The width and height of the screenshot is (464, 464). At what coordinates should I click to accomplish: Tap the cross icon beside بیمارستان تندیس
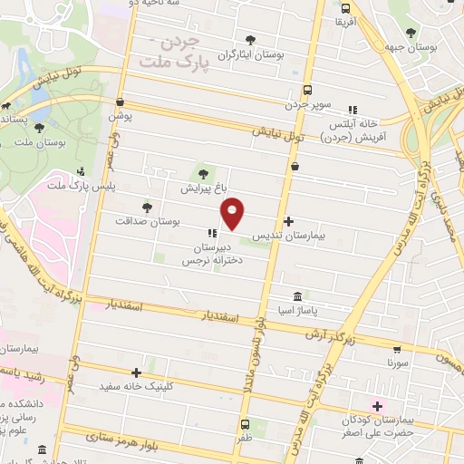tap(288, 221)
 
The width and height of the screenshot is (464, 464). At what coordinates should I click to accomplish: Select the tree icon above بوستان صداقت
tap(148, 208)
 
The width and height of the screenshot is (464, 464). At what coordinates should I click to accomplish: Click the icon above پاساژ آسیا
tap(298, 297)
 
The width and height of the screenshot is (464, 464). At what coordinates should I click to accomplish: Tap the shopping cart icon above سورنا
tap(398, 349)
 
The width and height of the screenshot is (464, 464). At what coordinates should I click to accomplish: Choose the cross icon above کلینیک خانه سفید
tap(136, 372)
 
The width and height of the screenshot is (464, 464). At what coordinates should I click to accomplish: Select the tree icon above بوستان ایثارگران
tap(250, 39)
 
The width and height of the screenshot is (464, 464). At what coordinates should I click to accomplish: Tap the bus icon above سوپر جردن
tap(308, 90)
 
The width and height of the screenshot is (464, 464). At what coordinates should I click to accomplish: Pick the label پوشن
tap(121, 117)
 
